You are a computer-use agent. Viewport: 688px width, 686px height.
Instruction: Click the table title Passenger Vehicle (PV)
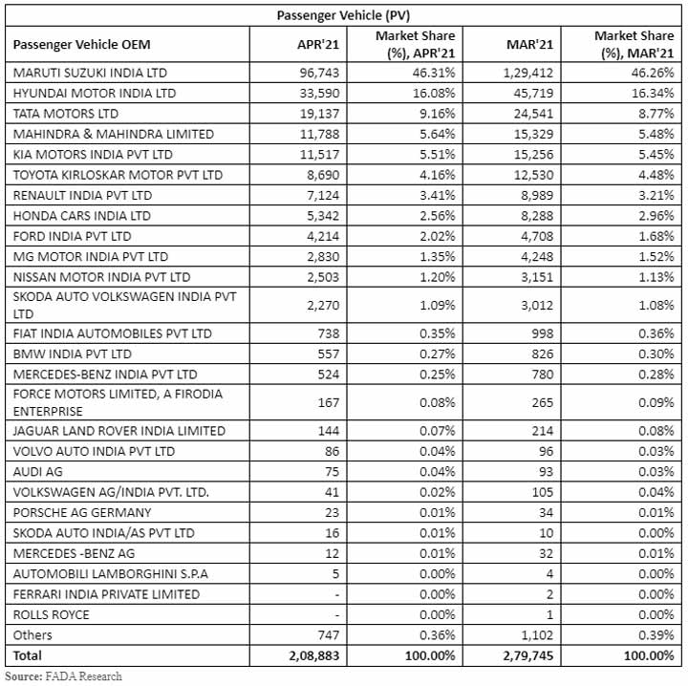344,14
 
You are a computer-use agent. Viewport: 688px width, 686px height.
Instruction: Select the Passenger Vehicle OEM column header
82,44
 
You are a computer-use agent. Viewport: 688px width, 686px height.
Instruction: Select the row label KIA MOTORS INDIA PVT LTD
93,154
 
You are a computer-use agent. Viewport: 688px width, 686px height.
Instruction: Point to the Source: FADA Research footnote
63,676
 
